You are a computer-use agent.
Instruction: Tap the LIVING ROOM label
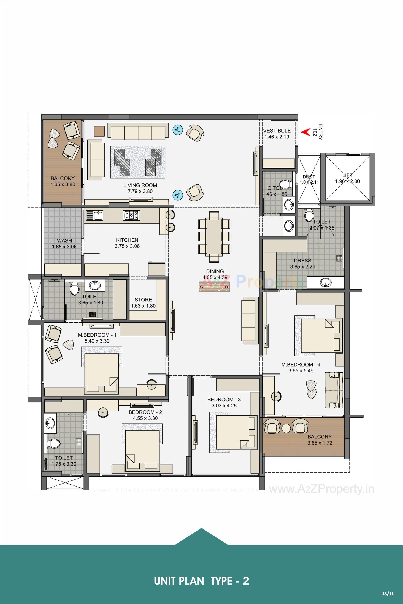140,185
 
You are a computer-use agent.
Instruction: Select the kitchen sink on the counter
95,215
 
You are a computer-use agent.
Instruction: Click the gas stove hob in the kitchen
132,215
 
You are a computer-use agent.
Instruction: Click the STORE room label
143,300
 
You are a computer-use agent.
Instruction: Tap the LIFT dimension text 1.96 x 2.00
347,181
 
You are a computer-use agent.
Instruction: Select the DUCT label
309,177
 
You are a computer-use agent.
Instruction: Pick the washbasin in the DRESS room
326,283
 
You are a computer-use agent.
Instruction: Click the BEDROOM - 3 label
224,399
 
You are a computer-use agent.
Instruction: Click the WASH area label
64,240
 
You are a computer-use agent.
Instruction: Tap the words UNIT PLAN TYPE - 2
201,574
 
